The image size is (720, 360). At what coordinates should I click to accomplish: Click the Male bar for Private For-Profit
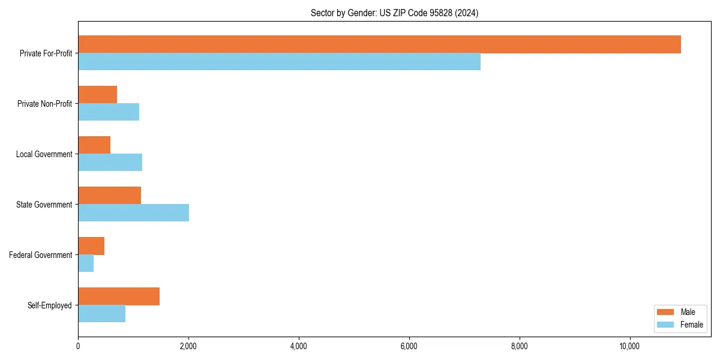(x=379, y=44)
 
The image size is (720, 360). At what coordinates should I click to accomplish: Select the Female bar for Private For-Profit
(x=279, y=62)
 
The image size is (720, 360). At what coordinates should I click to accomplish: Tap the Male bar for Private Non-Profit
(x=97, y=95)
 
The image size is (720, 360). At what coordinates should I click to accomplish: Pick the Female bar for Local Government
(x=110, y=163)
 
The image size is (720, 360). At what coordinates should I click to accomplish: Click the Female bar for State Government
(x=133, y=213)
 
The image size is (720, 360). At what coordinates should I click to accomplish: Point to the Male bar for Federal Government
(x=91, y=246)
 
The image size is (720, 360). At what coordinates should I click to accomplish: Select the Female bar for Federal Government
(x=86, y=263)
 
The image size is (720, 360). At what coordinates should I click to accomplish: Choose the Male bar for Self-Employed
(x=119, y=296)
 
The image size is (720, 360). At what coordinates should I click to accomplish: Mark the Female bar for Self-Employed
(x=101, y=314)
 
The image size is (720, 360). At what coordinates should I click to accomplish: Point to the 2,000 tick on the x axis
(x=188, y=346)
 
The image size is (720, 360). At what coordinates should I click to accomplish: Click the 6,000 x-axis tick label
(x=409, y=346)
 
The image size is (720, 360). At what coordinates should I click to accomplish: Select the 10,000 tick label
(x=629, y=346)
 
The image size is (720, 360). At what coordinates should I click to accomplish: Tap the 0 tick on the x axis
(x=78, y=346)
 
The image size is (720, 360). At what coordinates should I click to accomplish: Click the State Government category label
(x=44, y=205)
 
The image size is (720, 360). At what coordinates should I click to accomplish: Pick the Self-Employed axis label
(x=50, y=305)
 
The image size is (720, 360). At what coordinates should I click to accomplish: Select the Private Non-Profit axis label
(x=44, y=104)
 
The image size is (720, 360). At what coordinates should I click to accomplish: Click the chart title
(x=394, y=13)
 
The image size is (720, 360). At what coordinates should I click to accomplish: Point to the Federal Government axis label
(x=41, y=255)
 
